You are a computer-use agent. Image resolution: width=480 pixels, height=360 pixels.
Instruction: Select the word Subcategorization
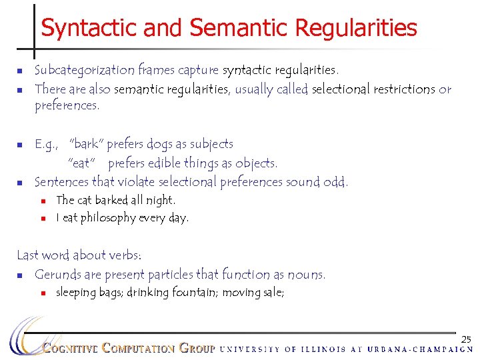[84, 69]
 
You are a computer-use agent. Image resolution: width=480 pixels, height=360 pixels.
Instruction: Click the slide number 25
[466, 340]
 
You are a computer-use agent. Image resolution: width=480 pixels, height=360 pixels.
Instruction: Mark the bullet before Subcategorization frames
[21, 71]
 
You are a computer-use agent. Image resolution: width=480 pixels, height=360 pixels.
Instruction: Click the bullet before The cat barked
[43, 201]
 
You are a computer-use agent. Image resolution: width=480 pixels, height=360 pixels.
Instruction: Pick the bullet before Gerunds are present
[21, 275]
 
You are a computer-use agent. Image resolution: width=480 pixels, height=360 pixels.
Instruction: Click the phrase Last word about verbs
[79, 255]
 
